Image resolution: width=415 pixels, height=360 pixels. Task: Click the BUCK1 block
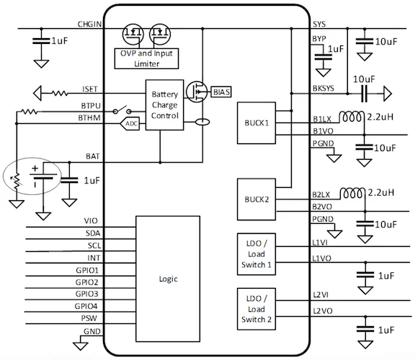256,123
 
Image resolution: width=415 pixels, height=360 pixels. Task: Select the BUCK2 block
256,199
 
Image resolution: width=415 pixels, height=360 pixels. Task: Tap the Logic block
168,279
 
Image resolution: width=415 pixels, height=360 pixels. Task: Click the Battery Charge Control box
164,105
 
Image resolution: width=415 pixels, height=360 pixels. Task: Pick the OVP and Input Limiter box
146,58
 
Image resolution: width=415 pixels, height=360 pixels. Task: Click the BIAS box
221,92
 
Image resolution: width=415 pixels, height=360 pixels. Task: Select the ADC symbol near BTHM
130,124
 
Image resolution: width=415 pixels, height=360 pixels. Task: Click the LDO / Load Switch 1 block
256,254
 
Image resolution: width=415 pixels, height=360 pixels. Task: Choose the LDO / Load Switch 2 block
256,309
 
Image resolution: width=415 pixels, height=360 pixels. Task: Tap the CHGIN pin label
89,24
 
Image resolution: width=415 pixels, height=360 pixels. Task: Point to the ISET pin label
90,89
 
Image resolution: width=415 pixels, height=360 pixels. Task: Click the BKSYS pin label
323,89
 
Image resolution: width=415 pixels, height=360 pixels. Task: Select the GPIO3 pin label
86,294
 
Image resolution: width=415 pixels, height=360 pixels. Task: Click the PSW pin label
89,318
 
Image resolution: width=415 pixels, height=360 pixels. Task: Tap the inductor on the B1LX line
352,117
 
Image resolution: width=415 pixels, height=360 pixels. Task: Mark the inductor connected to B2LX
352,193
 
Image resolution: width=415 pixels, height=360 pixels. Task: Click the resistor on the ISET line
60,93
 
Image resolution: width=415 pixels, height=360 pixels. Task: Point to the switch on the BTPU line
122,110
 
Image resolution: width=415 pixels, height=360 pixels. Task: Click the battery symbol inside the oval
43,176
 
